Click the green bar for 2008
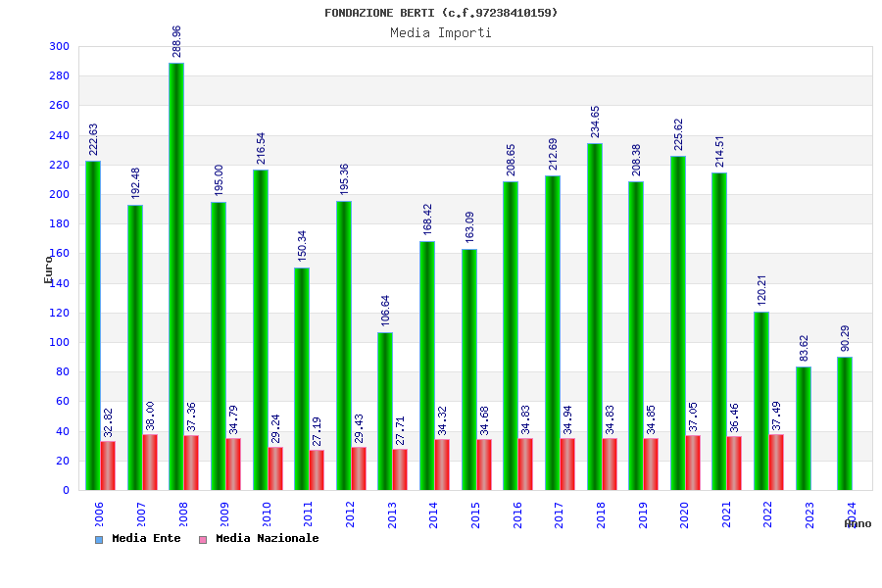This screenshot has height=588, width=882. click(176, 276)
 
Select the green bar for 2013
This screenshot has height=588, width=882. click(385, 411)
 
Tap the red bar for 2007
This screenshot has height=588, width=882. click(150, 462)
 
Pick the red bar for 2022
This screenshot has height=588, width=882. click(776, 462)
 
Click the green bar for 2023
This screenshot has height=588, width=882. click(804, 428)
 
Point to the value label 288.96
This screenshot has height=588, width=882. click(176, 43)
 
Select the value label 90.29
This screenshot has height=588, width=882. click(845, 338)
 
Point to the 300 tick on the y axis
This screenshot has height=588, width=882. click(60, 47)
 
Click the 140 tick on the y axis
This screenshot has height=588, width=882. click(60, 283)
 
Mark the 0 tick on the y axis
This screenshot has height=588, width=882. click(66, 490)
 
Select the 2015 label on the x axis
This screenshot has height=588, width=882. click(476, 514)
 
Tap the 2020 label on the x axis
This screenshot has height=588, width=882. click(685, 514)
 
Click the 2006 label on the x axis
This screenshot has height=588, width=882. click(100, 514)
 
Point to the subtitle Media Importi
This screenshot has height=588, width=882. click(441, 32)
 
